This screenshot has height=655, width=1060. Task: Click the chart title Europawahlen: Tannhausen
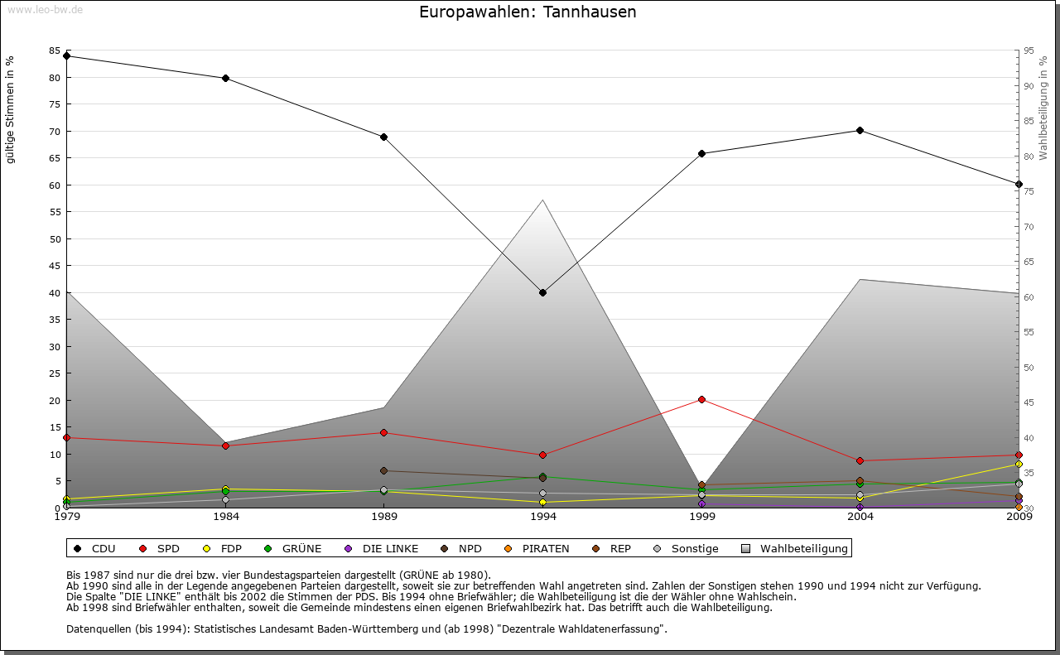pos(528,12)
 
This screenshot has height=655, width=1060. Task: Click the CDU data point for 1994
pos(542,292)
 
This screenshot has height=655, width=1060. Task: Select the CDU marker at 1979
pos(66,56)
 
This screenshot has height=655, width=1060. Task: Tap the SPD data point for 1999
pos(701,399)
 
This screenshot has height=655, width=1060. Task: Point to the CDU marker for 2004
pos(860,130)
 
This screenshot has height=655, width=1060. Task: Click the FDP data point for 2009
pos(1019,465)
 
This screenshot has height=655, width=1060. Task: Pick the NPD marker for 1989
pos(383,470)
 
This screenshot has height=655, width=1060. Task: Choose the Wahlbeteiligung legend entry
pos(795,548)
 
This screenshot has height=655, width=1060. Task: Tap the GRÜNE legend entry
pos(293,548)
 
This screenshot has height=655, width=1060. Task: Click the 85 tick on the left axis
pos(53,51)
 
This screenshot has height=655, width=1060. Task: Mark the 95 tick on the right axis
pos(1028,51)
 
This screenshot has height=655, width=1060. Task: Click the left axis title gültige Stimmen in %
pos(11,110)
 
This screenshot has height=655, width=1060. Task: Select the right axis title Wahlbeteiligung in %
pos(1043,108)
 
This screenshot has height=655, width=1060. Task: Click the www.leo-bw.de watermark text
pos(45,9)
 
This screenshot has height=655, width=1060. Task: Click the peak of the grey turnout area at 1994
pos(542,200)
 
